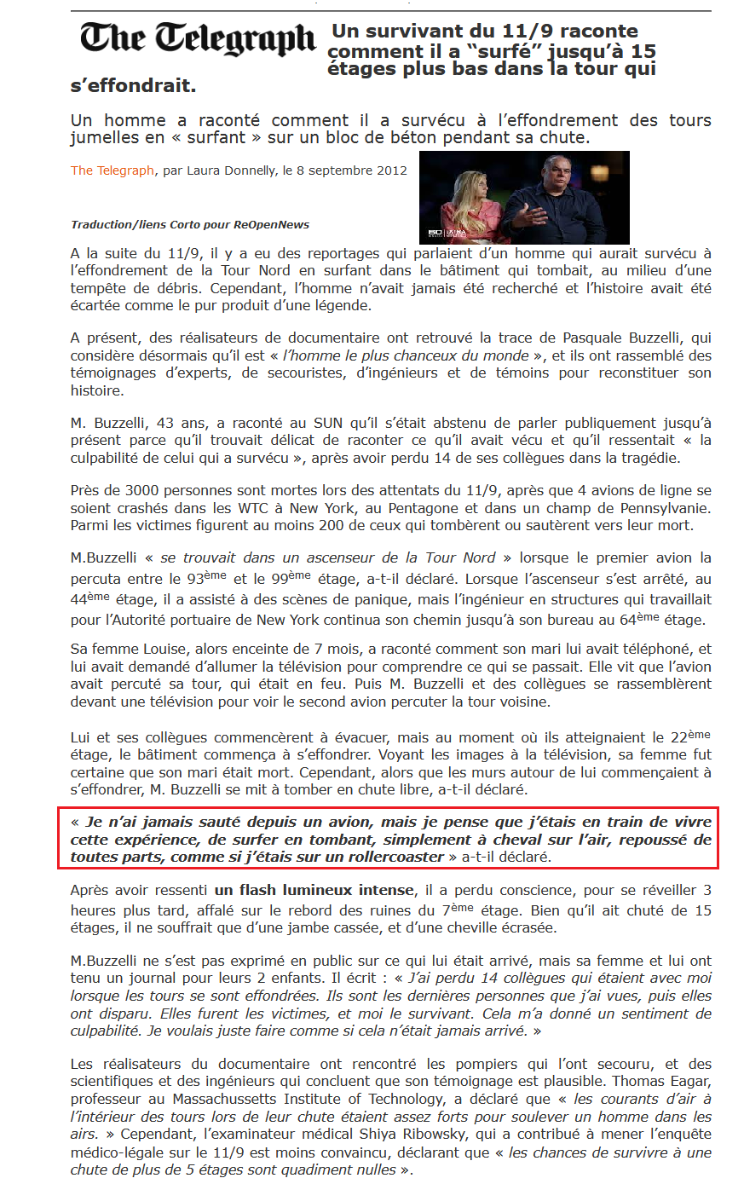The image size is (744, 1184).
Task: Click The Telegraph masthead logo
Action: tap(198, 39)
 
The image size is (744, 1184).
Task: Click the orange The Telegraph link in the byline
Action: tap(112, 170)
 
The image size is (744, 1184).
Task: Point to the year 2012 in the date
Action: tap(393, 170)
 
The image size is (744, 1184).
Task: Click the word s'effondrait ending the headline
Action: tap(133, 85)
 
